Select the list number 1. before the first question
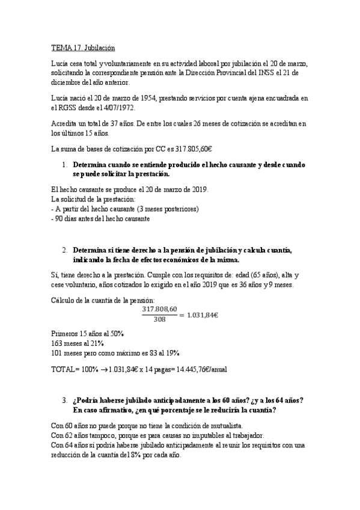coord(65,164)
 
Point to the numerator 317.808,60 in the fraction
coord(160,309)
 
